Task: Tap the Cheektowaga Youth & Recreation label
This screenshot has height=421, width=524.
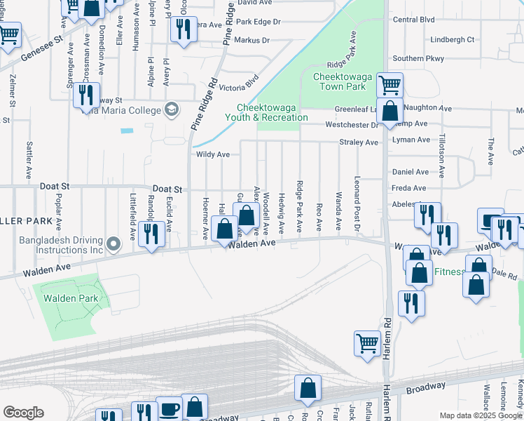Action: click(273, 113)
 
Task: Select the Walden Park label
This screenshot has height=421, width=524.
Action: click(70, 298)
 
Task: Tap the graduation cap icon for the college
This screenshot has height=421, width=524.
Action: click(170, 109)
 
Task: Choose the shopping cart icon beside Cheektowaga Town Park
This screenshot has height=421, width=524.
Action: click(389, 85)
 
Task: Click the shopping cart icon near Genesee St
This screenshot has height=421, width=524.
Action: click(8, 34)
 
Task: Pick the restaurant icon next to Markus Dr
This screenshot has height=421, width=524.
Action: click(183, 29)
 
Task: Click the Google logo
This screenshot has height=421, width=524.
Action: click(23, 413)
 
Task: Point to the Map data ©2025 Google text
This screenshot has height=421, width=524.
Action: click(481, 415)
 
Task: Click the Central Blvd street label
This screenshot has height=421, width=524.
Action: click(414, 20)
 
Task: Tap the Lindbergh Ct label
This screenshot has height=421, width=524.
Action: click(453, 40)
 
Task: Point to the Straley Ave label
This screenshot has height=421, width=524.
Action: click(359, 142)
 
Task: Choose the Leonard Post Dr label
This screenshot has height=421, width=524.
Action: click(357, 203)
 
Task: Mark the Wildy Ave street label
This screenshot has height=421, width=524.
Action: click(213, 154)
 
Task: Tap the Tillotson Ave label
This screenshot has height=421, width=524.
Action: click(442, 157)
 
